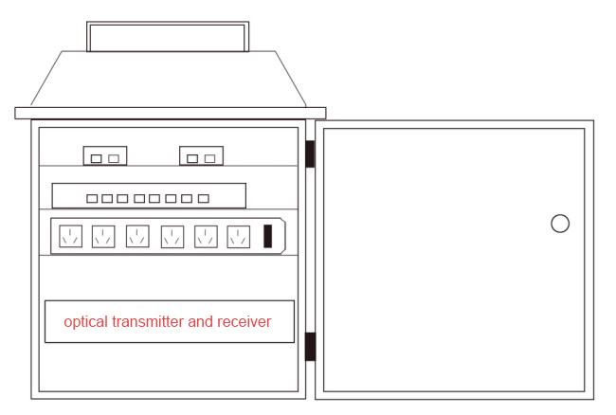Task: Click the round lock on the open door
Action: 560,224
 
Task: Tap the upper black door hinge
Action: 310,154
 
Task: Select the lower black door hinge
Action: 310,346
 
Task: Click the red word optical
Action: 86,322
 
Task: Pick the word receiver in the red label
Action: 245,322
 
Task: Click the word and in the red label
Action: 202,322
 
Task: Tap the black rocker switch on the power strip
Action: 269,236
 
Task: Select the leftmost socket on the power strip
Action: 69,236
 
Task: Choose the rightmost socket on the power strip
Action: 238,236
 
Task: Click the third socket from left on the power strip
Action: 137,236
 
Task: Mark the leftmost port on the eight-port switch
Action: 92,199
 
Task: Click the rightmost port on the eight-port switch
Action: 203,199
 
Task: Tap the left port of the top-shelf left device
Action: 96,158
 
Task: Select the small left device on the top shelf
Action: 104,156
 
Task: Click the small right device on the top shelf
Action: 201,156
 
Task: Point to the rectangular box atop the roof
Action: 168,36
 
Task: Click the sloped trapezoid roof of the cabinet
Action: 168,81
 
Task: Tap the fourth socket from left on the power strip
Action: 172,236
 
